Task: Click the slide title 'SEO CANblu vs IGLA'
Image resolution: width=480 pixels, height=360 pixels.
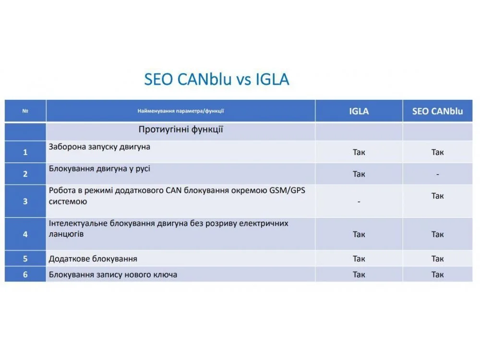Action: click(216, 79)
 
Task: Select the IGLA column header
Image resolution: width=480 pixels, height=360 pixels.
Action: click(359, 111)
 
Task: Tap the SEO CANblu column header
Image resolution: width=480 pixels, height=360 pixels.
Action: click(437, 111)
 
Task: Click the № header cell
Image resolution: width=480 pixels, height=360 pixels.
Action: click(25, 111)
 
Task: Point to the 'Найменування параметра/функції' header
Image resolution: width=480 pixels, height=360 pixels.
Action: click(180, 111)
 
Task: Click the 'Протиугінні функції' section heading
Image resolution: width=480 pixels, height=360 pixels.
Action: click(180, 130)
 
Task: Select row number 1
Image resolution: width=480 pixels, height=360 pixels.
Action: click(25, 152)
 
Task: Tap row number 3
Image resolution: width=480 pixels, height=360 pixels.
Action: click(25, 201)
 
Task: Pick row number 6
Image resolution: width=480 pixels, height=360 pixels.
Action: click(25, 275)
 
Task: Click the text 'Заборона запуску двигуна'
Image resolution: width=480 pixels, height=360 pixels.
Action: click(99, 147)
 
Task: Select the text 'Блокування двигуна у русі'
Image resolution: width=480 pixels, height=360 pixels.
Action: click(99, 168)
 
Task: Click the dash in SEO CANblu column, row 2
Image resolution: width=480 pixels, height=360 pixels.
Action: click(437, 175)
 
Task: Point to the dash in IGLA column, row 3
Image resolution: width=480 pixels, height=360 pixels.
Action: click(359, 202)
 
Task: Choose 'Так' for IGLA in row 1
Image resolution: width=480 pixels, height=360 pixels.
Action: click(359, 152)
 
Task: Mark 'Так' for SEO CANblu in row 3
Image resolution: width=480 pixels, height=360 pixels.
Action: click(437, 196)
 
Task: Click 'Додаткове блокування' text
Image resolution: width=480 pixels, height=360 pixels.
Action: click(93, 259)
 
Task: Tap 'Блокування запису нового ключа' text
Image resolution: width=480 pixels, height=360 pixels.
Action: click(113, 275)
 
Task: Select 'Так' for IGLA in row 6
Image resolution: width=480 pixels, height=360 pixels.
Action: click(359, 275)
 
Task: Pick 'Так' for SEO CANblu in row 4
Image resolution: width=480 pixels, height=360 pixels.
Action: click(437, 235)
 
